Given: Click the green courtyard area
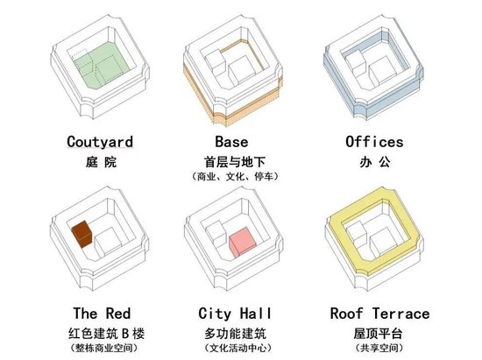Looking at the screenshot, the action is pyautogui.click(x=102, y=65).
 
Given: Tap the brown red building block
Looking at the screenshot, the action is pyautogui.click(x=82, y=234).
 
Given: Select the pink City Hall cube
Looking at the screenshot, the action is pyautogui.click(x=242, y=243).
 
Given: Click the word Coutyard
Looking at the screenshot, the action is pyautogui.click(x=100, y=142).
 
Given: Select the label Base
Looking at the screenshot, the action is pyautogui.click(x=231, y=142).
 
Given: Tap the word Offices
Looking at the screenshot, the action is pyautogui.click(x=374, y=142).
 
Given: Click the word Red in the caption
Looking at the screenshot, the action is pyautogui.click(x=118, y=314).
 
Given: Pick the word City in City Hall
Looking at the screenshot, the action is pyautogui.click(x=215, y=314).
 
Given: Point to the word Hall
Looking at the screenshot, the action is pyautogui.click(x=256, y=314).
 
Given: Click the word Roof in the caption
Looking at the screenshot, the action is pyautogui.click(x=346, y=314).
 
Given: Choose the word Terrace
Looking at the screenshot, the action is pyautogui.click(x=400, y=314).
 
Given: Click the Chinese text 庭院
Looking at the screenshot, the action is pyautogui.click(x=101, y=162).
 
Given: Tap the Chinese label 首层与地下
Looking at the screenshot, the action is pyautogui.click(x=235, y=162).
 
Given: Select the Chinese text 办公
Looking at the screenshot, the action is pyautogui.click(x=375, y=162).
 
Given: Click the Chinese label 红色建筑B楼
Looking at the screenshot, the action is pyautogui.click(x=106, y=334).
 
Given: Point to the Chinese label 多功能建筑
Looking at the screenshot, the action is pyautogui.click(x=235, y=334).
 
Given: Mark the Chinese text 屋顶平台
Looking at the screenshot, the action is pyautogui.click(x=378, y=334).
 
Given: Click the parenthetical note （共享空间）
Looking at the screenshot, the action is pyautogui.click(x=379, y=348).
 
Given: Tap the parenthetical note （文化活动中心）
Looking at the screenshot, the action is pyautogui.click(x=237, y=348).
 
